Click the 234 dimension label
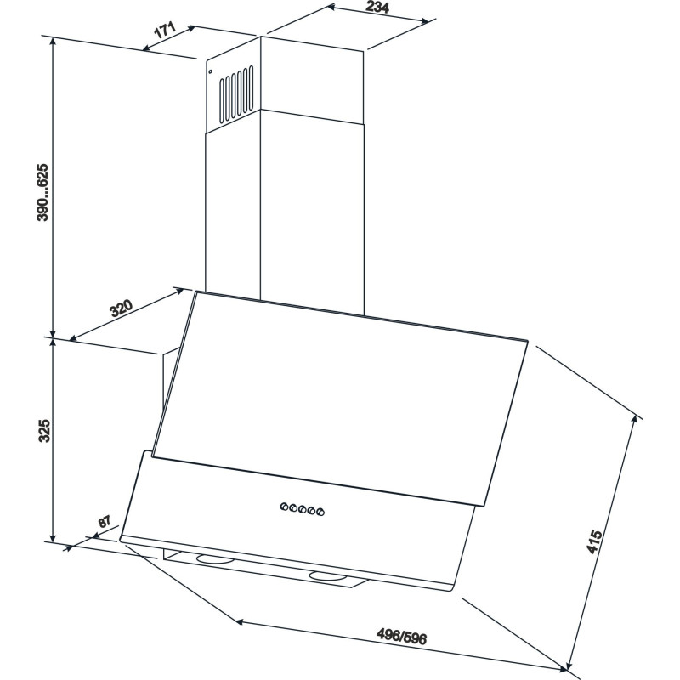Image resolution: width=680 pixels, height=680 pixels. coord(377,7)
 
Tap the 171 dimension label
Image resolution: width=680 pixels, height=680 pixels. coord(165,31)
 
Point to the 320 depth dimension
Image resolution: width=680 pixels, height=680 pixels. coord(121,308)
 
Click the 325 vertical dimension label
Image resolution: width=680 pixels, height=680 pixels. coord(44,431)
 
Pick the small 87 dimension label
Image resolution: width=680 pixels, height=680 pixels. coord(104,521)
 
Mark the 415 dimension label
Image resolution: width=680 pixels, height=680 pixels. coord(594,541)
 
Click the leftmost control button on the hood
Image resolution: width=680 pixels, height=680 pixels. coord(284,506)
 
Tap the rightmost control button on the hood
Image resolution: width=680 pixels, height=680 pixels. coord(320,513)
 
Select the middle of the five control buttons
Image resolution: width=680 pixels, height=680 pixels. coord(303,509)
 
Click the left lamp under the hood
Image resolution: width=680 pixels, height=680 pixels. coord(215,559)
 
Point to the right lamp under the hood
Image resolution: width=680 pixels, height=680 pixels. coord(329,577)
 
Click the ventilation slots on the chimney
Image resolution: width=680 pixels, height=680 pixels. coord(236,94)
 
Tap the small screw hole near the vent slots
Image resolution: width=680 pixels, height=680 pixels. coord(210,71)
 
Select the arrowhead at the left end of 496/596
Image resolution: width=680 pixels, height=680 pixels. coord(238,622)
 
